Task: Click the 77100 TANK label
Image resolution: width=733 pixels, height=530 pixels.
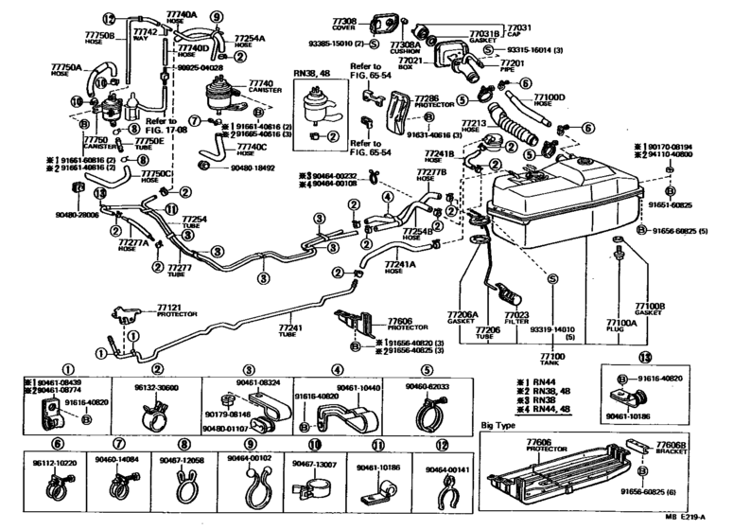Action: [x=551, y=359]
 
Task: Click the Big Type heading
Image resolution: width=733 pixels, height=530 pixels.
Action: [x=500, y=426]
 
